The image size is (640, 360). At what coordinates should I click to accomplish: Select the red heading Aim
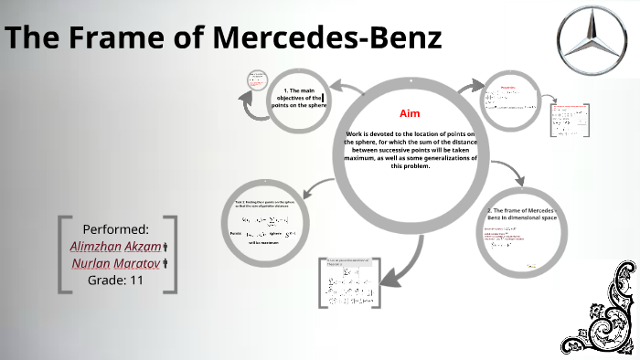pyautogui.click(x=410, y=113)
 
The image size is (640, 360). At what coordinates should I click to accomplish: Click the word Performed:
pyautogui.click(x=115, y=228)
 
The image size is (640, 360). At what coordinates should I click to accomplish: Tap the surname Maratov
pyautogui.click(x=137, y=264)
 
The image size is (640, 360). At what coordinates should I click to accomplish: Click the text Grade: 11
pyautogui.click(x=115, y=281)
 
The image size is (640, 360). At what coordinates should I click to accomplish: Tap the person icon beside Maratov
pyautogui.click(x=165, y=265)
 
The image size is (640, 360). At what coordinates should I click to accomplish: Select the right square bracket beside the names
pyautogui.click(x=172, y=254)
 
